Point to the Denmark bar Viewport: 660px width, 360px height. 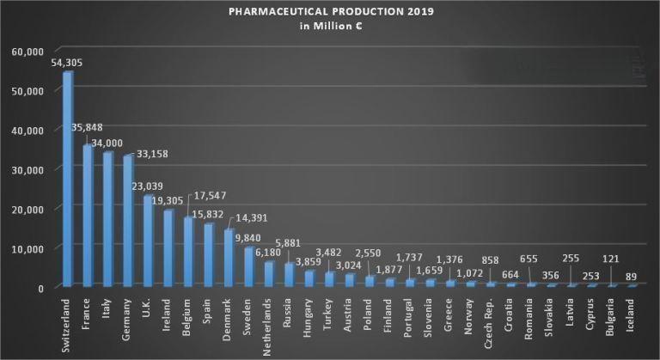228,257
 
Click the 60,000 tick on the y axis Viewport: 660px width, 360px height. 27,52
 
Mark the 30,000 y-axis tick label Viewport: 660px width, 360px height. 27,169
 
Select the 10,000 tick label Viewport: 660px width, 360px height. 27,248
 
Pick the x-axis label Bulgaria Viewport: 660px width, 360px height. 613,315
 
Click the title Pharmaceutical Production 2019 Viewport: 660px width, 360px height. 329,13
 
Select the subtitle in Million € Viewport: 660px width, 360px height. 329,27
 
